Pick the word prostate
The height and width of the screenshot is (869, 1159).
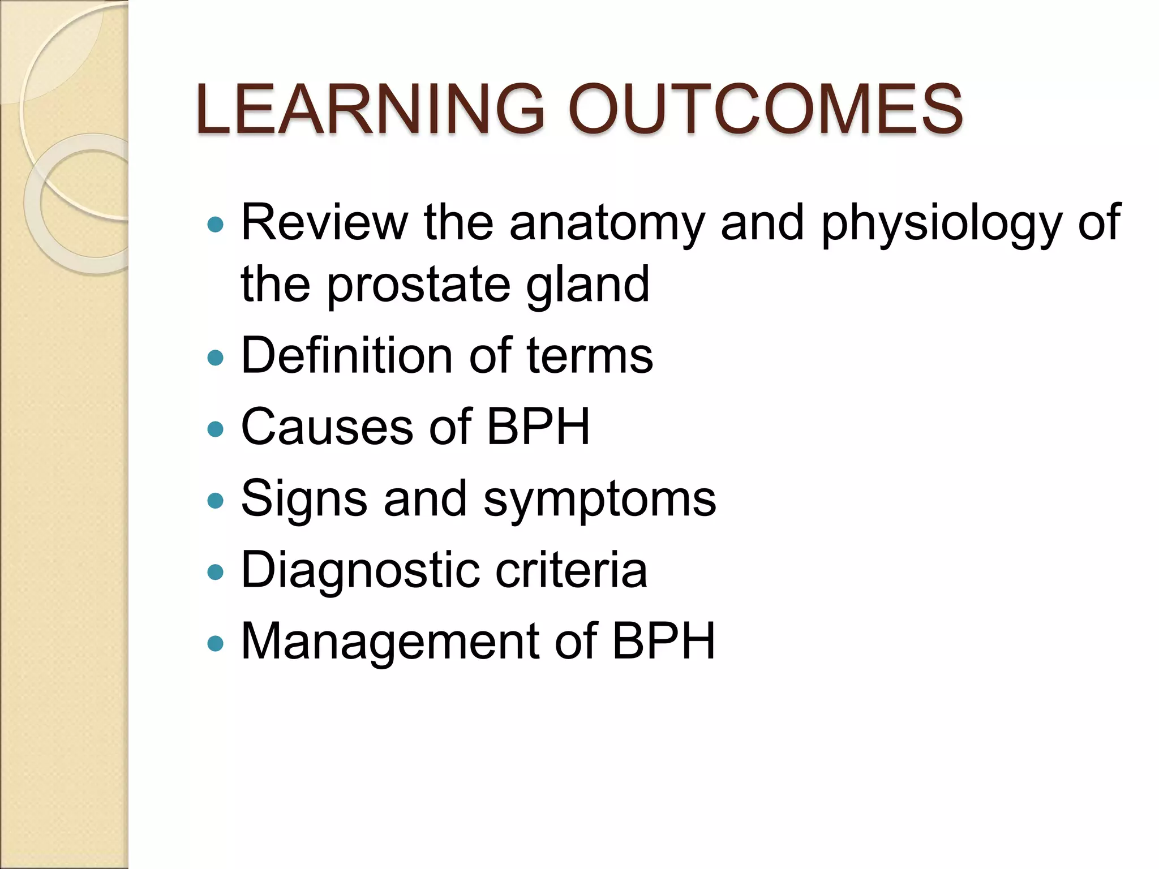click(418, 286)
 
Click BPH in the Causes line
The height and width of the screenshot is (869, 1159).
click(538, 427)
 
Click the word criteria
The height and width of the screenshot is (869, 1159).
click(571, 570)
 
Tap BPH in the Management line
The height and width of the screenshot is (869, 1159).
click(663, 642)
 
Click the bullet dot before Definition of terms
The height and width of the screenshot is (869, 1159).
click(216, 358)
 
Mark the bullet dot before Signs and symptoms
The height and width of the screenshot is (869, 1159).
click(216, 500)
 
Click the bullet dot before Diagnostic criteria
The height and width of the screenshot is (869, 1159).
click(216, 572)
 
